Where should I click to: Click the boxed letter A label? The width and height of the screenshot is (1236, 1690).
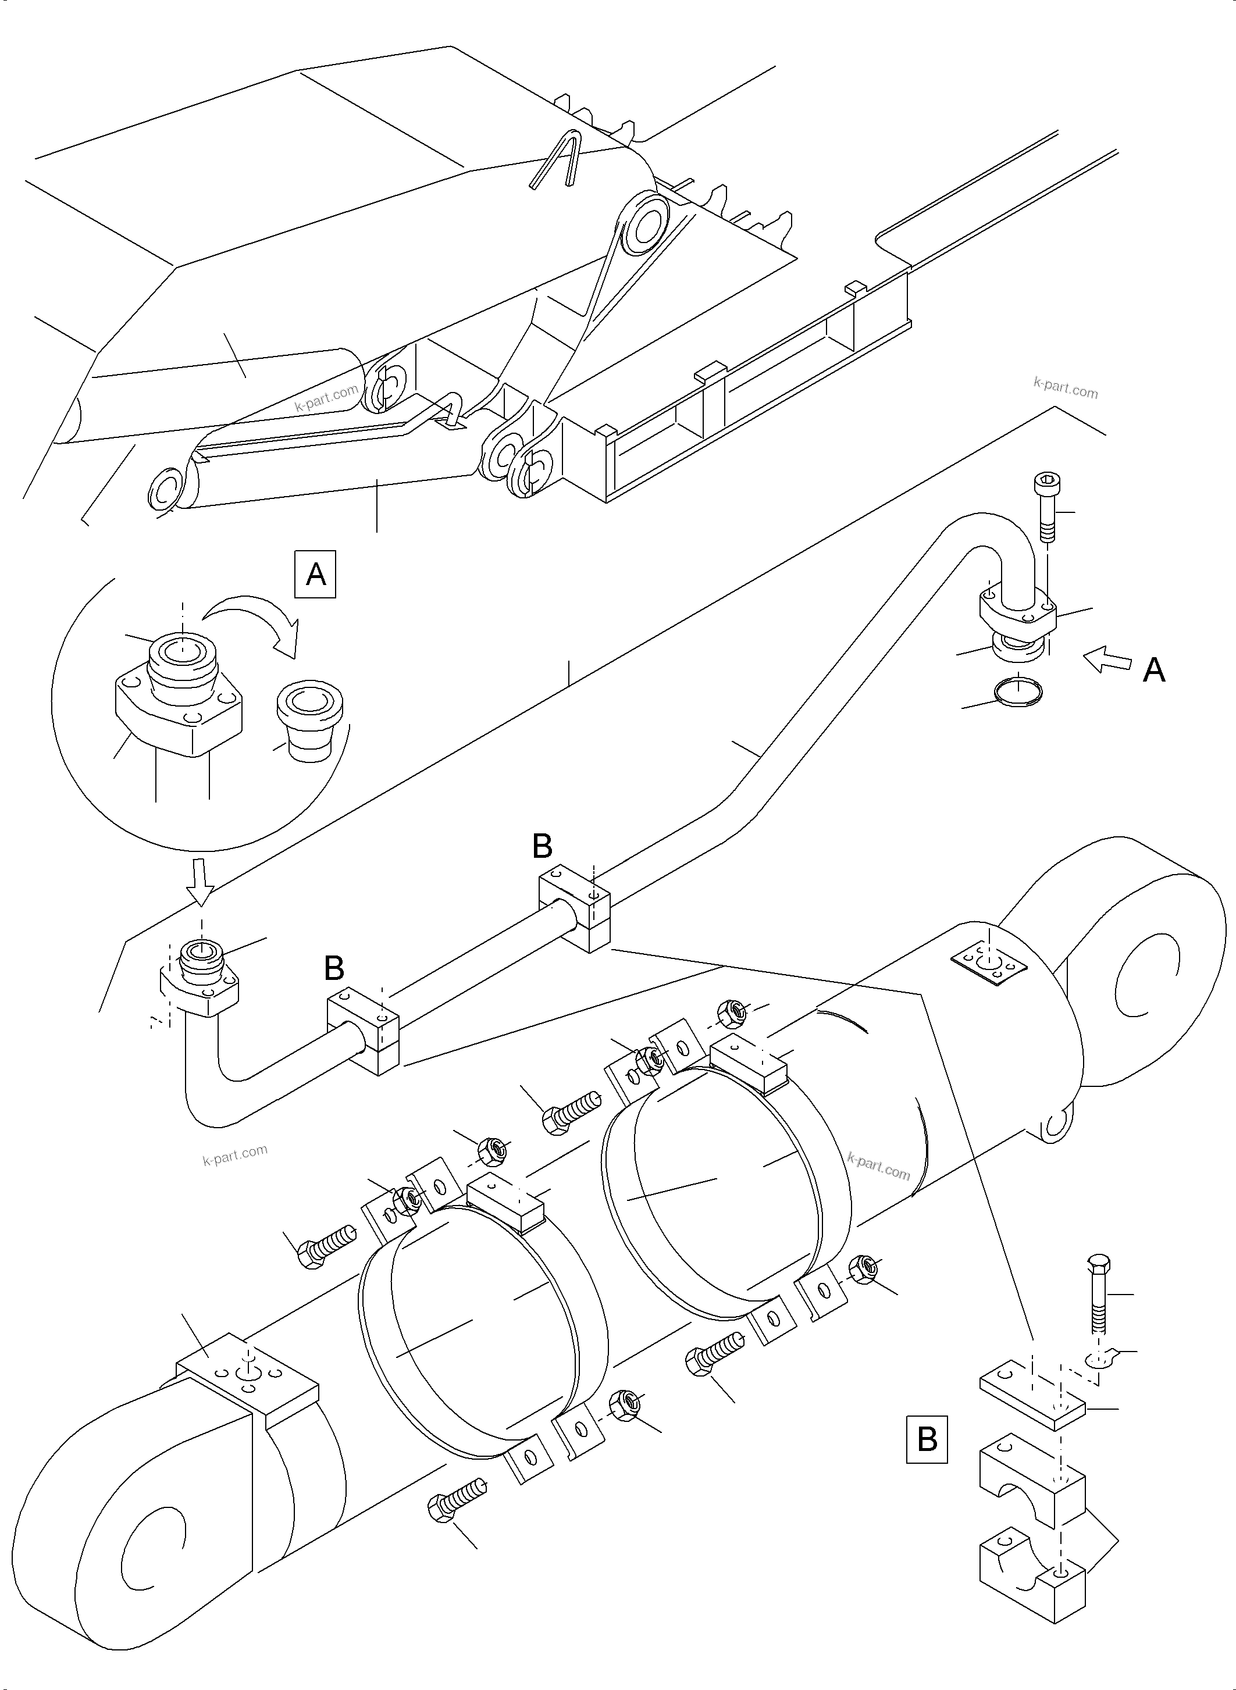click(x=316, y=574)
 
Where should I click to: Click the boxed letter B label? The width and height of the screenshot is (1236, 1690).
click(x=926, y=1439)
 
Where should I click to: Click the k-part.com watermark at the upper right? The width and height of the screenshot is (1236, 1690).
click(x=1066, y=387)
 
